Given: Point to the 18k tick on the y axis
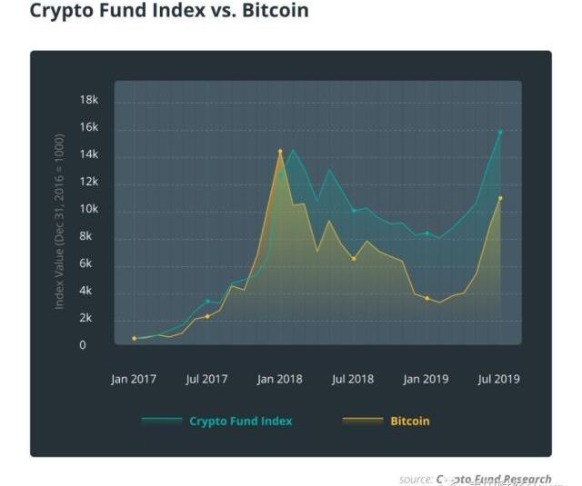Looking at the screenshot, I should point(88,99).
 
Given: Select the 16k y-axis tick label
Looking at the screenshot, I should point(88,127).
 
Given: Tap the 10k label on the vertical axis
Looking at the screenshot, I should point(88,209).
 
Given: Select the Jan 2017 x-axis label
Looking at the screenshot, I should point(134,379).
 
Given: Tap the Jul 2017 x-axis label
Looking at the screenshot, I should point(206,379).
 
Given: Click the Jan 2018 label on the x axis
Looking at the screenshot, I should point(279,379).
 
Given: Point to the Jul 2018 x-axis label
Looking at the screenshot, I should point(353,379).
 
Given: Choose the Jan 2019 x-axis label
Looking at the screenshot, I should point(426,379).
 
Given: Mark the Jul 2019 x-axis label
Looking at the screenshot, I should point(499,379).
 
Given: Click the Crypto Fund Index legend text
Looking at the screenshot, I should point(241,422).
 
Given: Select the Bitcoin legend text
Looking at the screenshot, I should point(410,422).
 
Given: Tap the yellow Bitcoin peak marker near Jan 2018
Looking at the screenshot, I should point(280,151).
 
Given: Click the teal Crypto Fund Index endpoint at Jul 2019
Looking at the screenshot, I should point(500,132).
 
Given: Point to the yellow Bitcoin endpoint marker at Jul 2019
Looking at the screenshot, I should point(500,198).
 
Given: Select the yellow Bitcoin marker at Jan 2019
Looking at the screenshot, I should point(426,298).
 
